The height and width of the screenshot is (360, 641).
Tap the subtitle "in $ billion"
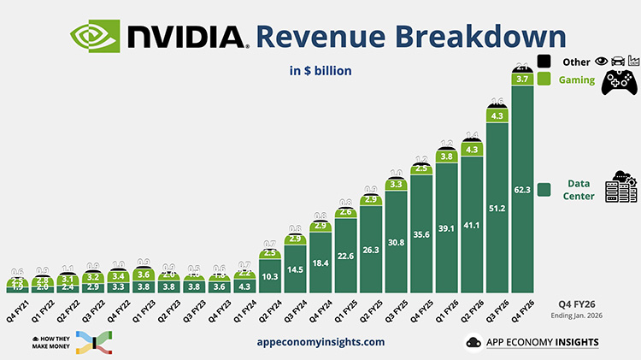pos(320,71)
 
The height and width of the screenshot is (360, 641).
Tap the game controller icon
pos(622,82)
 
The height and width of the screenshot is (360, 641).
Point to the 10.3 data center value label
pos(269,277)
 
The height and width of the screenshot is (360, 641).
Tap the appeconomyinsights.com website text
pos(320,341)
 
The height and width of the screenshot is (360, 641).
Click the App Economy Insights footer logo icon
pos(472,342)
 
